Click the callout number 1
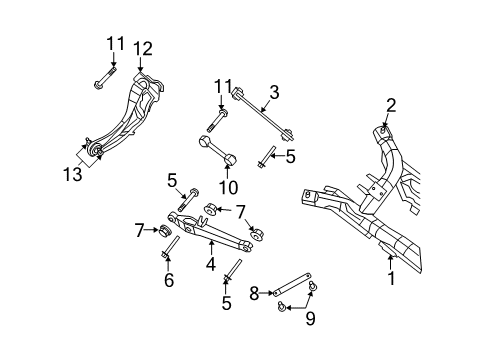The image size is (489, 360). [391, 279]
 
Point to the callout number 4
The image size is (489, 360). [210, 265]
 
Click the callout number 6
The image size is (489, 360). [168, 281]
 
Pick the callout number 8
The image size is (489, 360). [254, 293]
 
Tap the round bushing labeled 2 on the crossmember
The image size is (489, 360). [383, 130]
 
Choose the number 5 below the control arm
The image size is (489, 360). [225, 302]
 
